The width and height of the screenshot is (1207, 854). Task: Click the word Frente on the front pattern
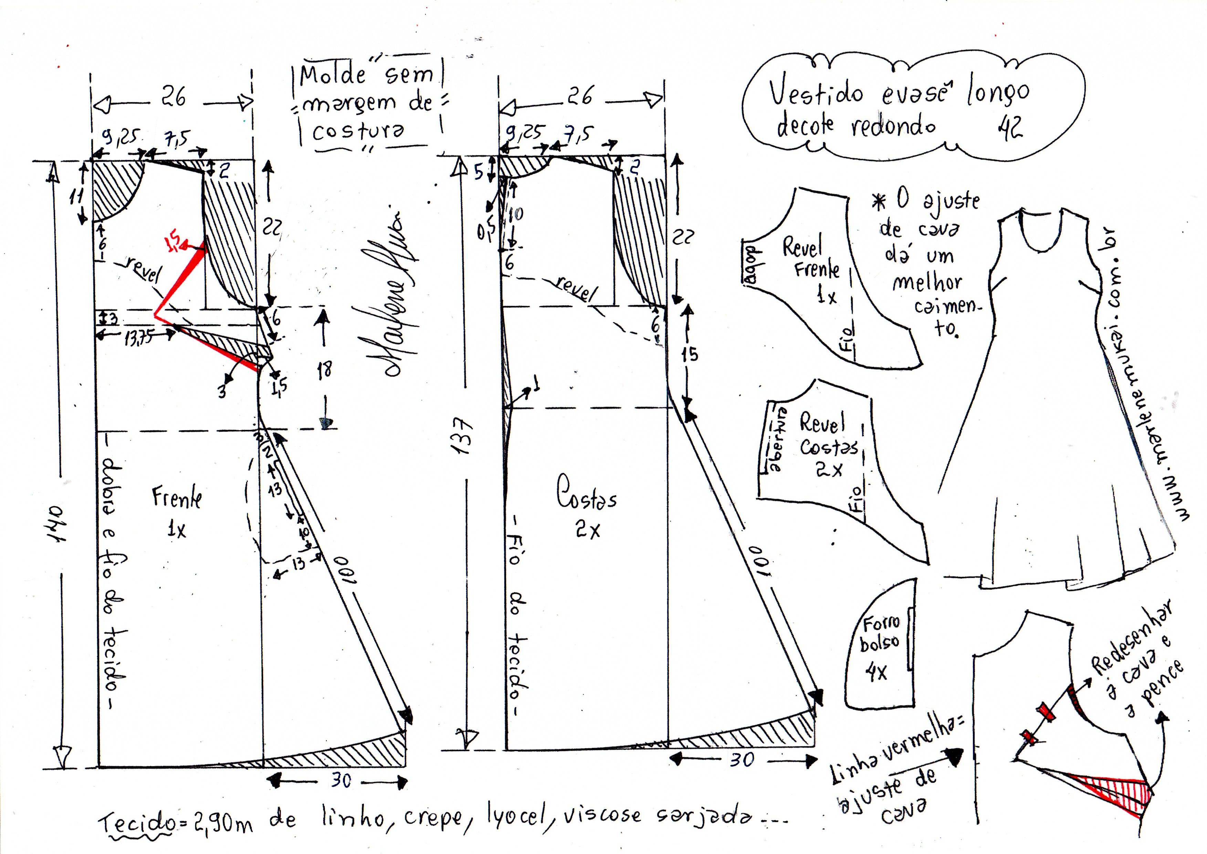pyautogui.click(x=177, y=497)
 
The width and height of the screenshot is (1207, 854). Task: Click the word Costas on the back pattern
pyautogui.click(x=586, y=493)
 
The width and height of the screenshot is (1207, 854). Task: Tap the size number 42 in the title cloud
pyautogui.click(x=1009, y=127)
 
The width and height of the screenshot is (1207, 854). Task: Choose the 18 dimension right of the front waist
pyautogui.click(x=325, y=370)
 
